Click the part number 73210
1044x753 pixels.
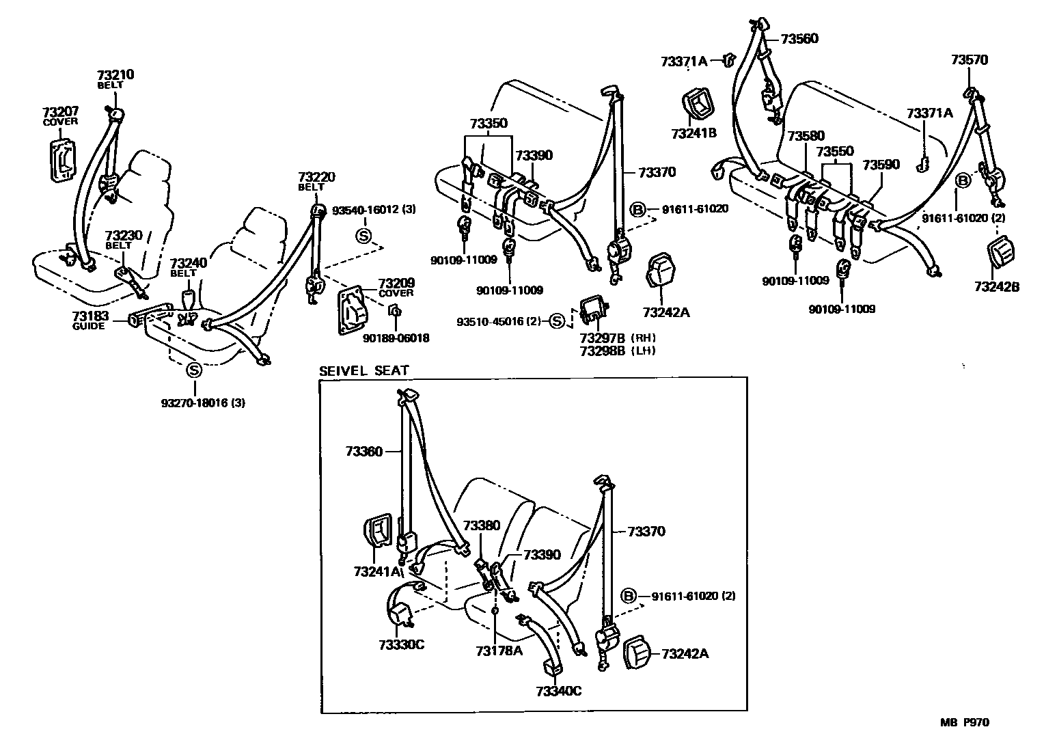[x=115, y=75]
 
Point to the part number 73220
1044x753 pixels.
[x=316, y=177]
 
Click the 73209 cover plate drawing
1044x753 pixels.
[x=355, y=311]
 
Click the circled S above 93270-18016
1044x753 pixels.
[x=194, y=370]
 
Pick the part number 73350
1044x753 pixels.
[x=489, y=124]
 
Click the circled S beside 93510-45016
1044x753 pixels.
[x=557, y=320]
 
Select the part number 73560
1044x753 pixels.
[x=799, y=39]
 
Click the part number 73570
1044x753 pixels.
[x=969, y=60]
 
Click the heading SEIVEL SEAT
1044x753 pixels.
[x=363, y=371]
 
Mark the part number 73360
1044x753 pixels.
[x=364, y=451]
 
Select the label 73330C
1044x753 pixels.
[x=400, y=644]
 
